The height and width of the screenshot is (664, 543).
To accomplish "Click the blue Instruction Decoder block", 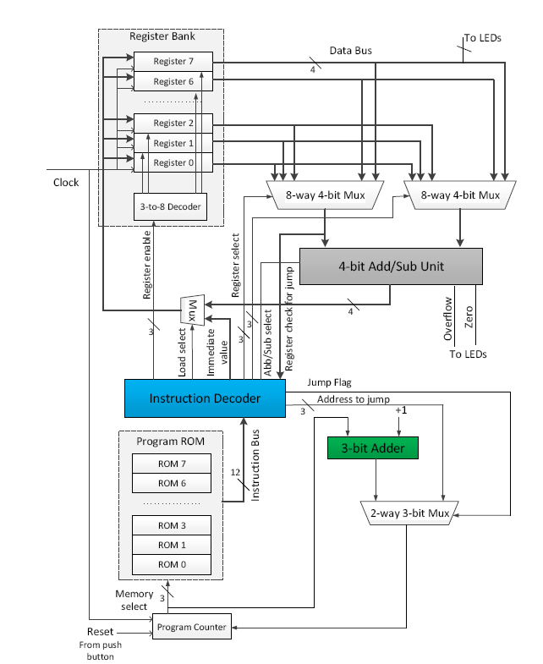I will pos(205,398).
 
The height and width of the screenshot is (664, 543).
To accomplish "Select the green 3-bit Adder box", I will pos(372,447).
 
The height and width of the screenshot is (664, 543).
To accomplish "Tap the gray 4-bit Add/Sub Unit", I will pos(391,266).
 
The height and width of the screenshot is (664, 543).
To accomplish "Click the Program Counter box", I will pos(191,627).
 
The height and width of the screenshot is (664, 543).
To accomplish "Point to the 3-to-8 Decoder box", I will pos(171,206).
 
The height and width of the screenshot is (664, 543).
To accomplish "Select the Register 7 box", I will pos(173,63).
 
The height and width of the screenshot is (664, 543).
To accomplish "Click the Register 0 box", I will pos(173,162).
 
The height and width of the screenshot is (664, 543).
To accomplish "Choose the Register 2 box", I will pos(173,123).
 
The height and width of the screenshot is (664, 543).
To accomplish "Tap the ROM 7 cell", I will pos(171,463).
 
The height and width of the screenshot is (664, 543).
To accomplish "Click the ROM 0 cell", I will pos(171,564).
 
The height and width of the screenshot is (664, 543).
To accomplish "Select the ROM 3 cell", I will pos(171,525).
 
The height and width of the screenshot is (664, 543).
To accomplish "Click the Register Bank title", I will pos(161,36).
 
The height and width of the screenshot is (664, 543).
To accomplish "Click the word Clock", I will pos(66,182).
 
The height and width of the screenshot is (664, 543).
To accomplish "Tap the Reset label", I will pos(100,632).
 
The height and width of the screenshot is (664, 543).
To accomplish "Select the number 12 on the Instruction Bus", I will pos(235,473).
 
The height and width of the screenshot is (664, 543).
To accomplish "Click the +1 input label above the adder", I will pos(403,411).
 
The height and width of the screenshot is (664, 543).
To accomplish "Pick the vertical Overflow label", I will pos(448,318).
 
